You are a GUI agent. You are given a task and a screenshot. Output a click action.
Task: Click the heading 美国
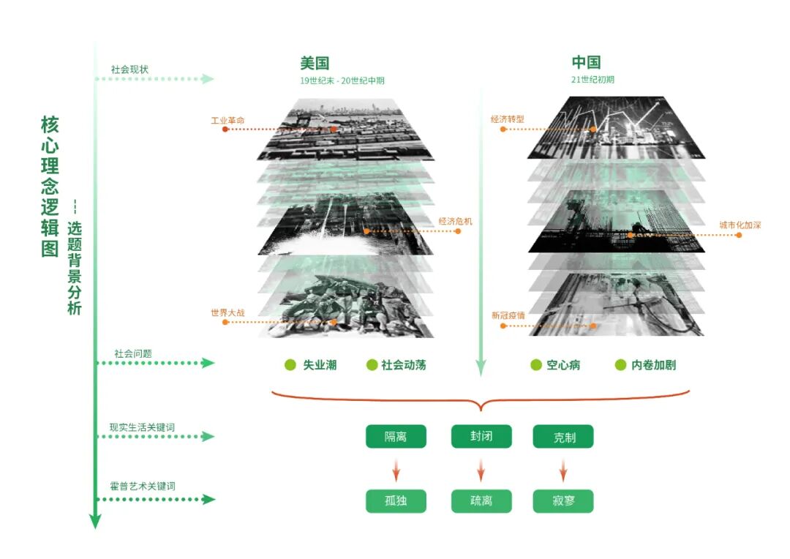315,63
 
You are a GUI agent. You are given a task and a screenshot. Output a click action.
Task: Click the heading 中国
586,63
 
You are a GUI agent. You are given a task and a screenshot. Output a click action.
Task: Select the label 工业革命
227,119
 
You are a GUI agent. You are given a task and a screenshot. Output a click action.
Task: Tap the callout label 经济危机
455,221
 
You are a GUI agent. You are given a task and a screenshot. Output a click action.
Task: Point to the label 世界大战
227,312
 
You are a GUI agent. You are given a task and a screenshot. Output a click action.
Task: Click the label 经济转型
508,119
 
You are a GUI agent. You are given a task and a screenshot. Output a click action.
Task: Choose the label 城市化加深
740,225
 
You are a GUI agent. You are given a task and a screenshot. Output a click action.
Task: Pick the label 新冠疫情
508,316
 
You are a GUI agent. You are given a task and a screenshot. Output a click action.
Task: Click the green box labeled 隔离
396,437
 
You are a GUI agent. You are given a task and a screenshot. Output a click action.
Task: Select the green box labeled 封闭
481,437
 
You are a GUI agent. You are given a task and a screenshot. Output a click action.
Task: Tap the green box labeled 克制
563,437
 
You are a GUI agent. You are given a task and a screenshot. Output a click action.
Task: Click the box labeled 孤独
396,501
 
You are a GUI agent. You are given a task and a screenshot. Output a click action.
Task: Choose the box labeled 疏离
481,501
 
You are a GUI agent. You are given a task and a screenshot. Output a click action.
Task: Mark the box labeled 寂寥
563,501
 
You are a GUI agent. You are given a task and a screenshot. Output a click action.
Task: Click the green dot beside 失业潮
290,364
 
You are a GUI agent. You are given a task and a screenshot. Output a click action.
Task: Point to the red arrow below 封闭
481,470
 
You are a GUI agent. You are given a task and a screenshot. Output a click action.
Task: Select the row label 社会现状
129,69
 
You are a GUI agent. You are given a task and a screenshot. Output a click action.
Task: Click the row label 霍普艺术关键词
142,486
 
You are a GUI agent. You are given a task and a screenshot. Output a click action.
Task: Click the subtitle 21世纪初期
592,79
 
